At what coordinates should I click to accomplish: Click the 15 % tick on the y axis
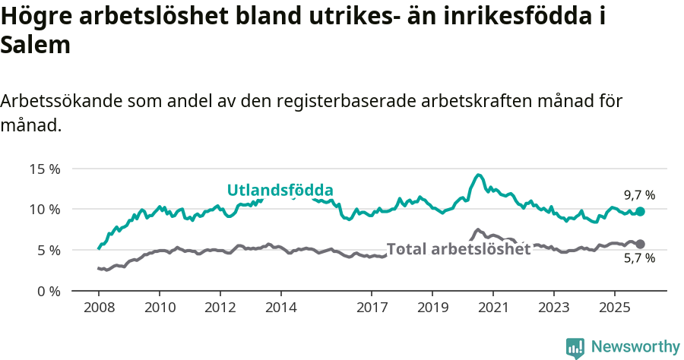click(44, 169)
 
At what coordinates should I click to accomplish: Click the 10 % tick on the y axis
click(44, 209)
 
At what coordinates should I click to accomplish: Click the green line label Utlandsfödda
click(280, 190)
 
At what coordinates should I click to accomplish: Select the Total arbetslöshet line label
click(458, 249)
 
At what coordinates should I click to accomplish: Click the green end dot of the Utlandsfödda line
click(640, 212)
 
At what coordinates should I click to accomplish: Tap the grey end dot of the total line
click(640, 244)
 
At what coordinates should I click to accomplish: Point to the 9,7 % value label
click(639, 195)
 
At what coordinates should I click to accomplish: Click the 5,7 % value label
click(639, 259)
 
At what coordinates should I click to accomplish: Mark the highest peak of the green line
click(478, 175)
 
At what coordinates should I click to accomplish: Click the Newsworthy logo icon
click(575, 347)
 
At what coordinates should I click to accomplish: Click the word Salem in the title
click(36, 45)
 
